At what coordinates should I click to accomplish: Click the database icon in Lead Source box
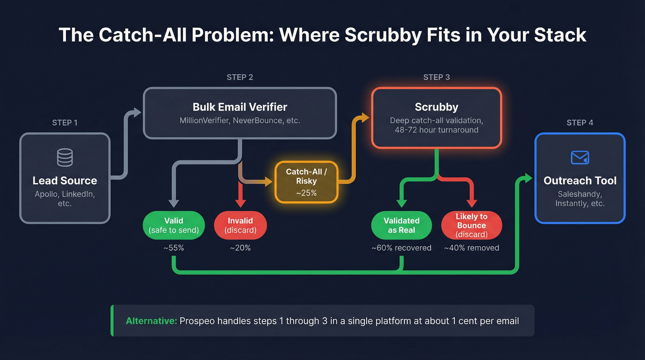tap(64, 158)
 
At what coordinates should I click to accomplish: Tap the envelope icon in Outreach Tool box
tap(580, 158)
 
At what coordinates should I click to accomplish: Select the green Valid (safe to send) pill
tap(174, 225)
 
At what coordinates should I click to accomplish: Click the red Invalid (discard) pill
tap(240, 225)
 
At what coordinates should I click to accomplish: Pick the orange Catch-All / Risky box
tap(306, 182)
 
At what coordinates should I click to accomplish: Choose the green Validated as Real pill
tap(401, 225)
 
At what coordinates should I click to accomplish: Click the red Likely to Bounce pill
tap(471, 225)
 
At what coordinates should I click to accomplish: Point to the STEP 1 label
tap(64, 123)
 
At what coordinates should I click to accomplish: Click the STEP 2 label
tap(240, 77)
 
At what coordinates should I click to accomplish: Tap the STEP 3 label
tap(436, 77)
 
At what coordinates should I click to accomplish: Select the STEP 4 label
tap(580, 123)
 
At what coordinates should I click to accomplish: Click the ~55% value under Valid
tap(174, 248)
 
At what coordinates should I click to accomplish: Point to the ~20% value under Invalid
tap(240, 248)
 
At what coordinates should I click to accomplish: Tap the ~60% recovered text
tap(401, 248)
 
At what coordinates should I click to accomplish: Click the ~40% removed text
tap(471, 248)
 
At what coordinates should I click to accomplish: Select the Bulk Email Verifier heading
tap(240, 107)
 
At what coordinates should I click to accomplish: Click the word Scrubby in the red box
tap(436, 107)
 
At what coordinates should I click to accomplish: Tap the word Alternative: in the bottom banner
tap(151, 321)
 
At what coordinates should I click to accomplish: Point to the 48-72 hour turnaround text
tap(436, 130)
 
